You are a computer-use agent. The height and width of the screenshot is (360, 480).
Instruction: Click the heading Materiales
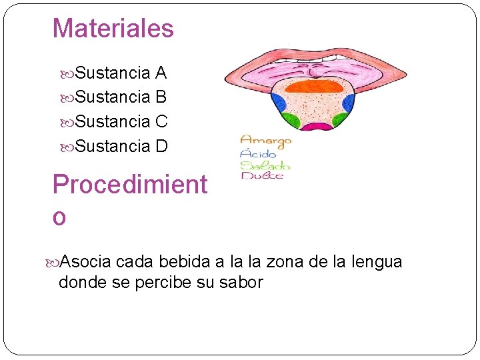[x=113, y=29]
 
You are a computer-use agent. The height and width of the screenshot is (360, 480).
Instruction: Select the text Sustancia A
[x=121, y=72]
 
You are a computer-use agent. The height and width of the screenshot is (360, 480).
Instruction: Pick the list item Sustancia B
[x=121, y=97]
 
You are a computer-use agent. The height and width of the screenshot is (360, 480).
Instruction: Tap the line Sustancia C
[x=121, y=121]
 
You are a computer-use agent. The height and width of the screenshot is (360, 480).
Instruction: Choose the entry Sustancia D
[x=121, y=145]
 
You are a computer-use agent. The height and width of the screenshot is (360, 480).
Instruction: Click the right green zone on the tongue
[x=340, y=121]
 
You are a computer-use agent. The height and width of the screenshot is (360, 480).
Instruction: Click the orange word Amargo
[x=265, y=141]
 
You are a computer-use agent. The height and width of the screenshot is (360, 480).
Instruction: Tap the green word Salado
[x=265, y=165]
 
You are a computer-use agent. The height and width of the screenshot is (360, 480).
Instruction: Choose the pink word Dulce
[x=262, y=175]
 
